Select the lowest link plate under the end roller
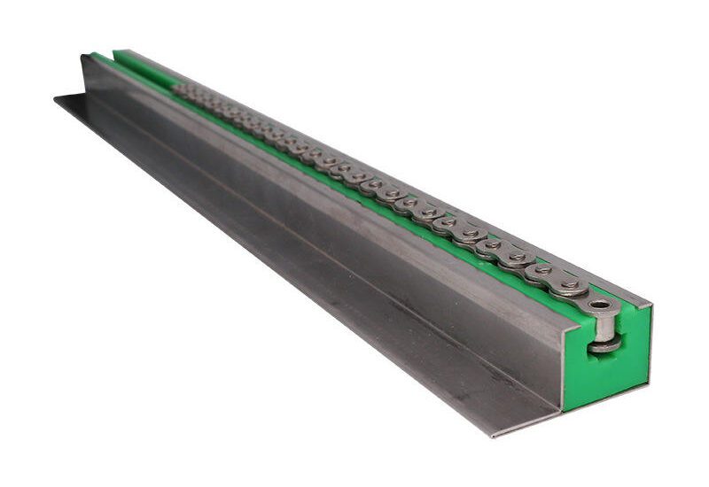(605, 347)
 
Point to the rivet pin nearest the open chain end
(570, 286)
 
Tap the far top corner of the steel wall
(82, 57)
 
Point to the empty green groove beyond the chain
(146, 71)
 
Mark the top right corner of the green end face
(652, 306)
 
